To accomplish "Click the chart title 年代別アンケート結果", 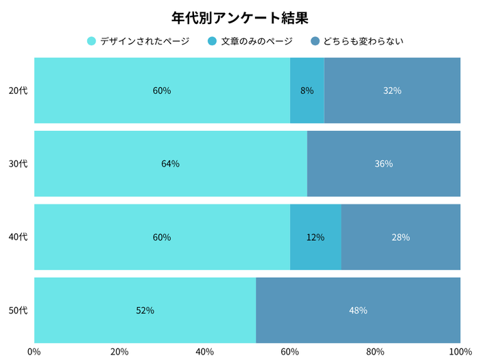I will [x=240, y=17].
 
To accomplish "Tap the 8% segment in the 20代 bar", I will [x=307, y=91].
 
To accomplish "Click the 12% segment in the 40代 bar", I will [x=315, y=237].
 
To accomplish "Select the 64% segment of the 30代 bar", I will [x=171, y=164].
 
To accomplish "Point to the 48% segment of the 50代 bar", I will [x=358, y=311].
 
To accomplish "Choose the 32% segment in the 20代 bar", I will [x=392, y=91].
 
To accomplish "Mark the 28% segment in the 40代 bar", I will [x=400, y=237].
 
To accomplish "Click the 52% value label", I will [x=145, y=311].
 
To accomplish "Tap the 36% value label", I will [x=384, y=164].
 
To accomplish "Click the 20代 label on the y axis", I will [x=18, y=91].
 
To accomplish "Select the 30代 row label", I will [x=18, y=164].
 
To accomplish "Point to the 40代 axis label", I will [x=18, y=237].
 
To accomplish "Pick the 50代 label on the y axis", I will [x=18, y=311].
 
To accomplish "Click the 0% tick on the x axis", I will [x=34, y=352].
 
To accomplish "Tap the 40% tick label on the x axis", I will [x=204, y=352].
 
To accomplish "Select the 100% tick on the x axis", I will [x=460, y=352].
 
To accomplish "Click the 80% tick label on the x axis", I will [x=375, y=352].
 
